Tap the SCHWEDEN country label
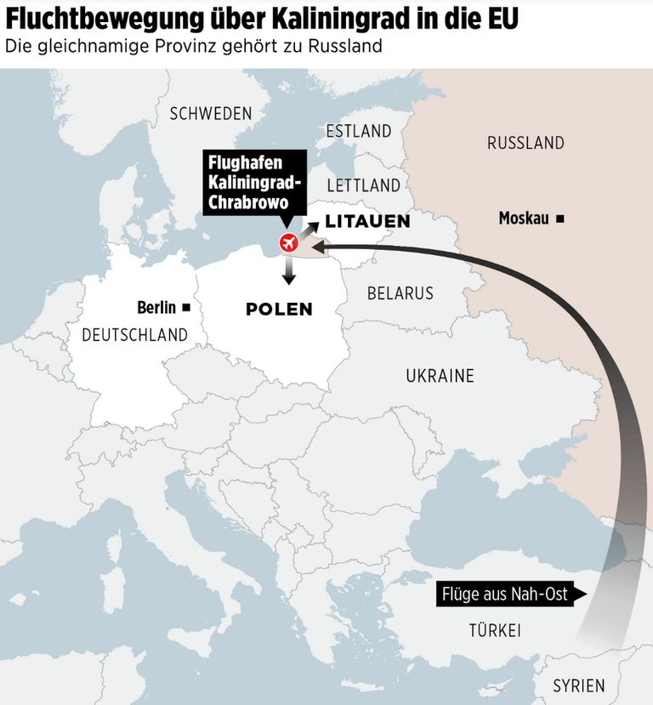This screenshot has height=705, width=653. pos(211,114)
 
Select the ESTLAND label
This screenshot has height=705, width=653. pos(359,131)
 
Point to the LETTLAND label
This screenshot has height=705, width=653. pos(363,185)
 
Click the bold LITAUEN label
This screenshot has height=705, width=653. pos(368,222)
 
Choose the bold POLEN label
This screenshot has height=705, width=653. pos(279,310)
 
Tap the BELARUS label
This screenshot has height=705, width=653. pos(400,293)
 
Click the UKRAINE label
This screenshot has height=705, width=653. pos(440,375)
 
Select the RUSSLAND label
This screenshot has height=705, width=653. pos(525,143)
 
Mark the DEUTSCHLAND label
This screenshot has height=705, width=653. pos(134,335)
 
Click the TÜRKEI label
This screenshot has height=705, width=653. pos(494,631)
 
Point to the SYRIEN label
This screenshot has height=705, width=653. pos(578,685)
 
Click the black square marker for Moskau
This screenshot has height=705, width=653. pos(559,219)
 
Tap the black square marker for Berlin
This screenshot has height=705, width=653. pos(186,308)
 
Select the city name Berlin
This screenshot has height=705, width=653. pos(156,308)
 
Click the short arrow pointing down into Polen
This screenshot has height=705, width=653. pos(289,271)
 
